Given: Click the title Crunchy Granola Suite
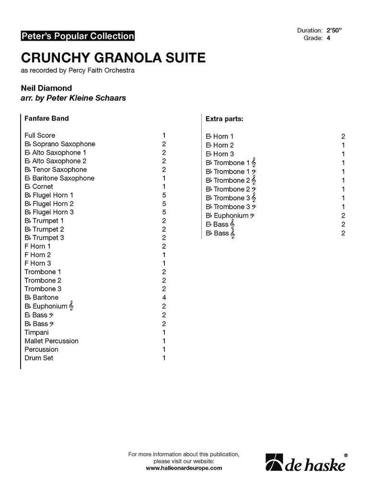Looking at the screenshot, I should tap(113, 58).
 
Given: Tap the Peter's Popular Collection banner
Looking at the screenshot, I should tap(77, 36).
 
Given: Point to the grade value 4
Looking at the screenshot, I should tap(329, 38).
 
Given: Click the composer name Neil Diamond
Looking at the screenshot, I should tap(46, 88).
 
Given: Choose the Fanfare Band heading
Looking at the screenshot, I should tap(46, 118).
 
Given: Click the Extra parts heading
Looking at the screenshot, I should tap(224, 118).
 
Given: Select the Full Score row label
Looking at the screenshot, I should tap(40, 135).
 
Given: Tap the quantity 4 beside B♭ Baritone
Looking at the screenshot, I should tap(164, 298).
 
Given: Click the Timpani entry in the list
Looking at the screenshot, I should tap(37, 332).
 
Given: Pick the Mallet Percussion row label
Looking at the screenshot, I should tap(51, 341).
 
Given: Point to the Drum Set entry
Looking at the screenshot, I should tap(39, 358).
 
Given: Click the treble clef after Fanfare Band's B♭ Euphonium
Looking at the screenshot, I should tap(71, 306).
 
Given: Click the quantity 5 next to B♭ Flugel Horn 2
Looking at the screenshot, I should tap(164, 204).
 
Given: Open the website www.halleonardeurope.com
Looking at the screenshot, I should tap(184, 468).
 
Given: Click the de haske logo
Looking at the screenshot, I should tap(306, 463).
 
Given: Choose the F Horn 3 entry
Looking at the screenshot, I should tap(38, 263).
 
